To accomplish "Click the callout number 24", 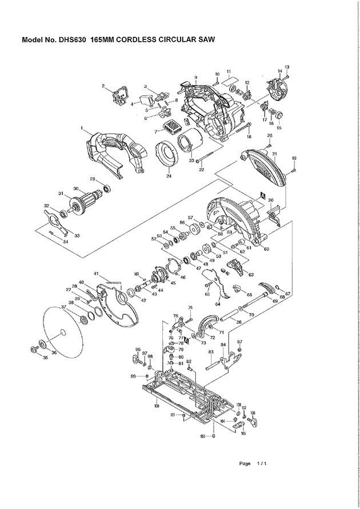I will point(169,177).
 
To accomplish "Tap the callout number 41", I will point(97,274).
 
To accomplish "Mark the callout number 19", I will point(294,158).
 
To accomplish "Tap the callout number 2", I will point(103,86).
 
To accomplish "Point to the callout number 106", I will point(253,412).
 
